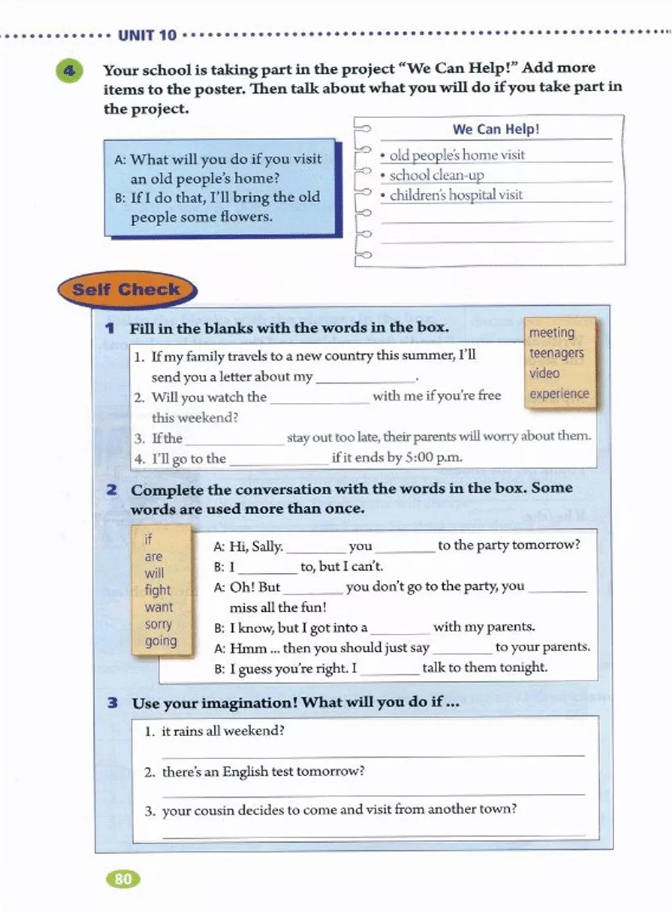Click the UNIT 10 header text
point(147,35)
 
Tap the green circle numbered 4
point(70,70)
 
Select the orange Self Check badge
point(126,289)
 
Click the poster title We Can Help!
point(495,129)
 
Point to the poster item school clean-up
point(436,175)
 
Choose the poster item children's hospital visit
point(456,195)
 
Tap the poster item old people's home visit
point(457,155)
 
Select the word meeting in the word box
point(551,333)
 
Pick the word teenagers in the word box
point(556,353)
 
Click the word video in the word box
point(545,373)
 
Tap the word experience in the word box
point(559,394)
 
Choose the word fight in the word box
point(157,590)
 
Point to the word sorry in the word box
point(158,624)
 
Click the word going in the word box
point(161,640)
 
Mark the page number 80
point(123,879)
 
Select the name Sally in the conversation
point(265,546)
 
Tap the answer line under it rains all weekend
point(372,755)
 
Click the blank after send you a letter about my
point(364,378)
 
